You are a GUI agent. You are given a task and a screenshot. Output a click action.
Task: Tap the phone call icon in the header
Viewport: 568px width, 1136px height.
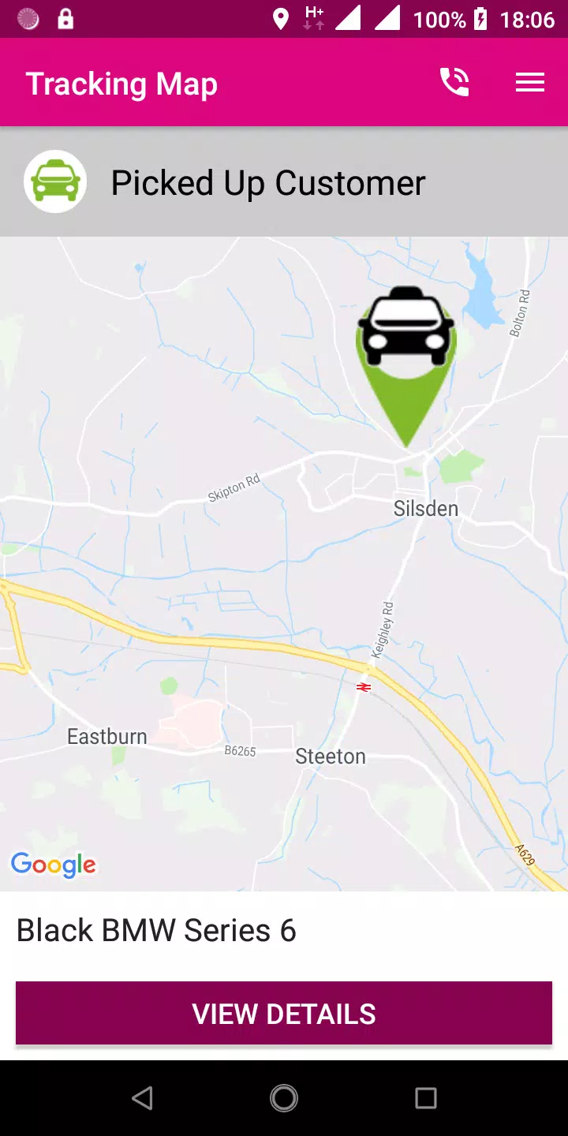tap(454, 82)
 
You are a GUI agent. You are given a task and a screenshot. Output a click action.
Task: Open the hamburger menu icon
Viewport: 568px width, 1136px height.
tap(530, 82)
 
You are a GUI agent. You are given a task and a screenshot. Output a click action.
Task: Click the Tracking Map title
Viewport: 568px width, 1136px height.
tap(121, 84)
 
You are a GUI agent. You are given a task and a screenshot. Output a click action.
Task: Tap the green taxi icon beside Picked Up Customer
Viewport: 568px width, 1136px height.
tap(55, 181)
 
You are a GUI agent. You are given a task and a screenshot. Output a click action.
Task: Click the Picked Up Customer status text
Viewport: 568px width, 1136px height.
tap(268, 183)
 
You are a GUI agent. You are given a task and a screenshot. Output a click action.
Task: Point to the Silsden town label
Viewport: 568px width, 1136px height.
tap(426, 508)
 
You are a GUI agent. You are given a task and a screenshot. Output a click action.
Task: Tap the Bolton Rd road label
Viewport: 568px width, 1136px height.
tap(519, 312)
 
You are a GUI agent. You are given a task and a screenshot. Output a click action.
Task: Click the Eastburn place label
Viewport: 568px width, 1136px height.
tap(107, 737)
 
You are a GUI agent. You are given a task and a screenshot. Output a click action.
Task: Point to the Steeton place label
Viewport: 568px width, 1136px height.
tap(331, 757)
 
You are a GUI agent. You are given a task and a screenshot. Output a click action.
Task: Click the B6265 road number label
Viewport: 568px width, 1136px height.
tap(241, 751)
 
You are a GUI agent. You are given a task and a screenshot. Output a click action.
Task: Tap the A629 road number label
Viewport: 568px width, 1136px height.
tap(525, 855)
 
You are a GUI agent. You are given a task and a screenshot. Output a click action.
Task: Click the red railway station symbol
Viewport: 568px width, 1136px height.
tap(364, 687)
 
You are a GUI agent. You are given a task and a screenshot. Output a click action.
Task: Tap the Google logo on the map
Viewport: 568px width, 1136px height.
tap(54, 865)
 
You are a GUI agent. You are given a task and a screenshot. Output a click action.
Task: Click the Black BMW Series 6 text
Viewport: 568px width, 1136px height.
tap(156, 931)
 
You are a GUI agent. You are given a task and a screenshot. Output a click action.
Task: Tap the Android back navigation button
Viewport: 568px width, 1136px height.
tap(142, 1098)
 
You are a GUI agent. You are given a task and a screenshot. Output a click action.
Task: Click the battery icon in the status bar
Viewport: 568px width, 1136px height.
tap(480, 19)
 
